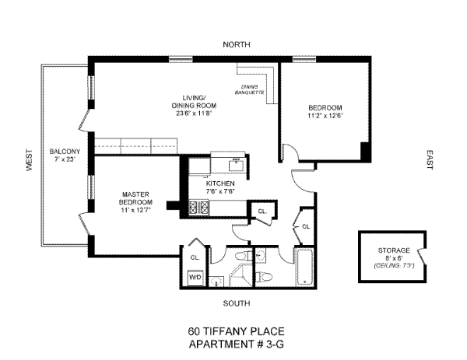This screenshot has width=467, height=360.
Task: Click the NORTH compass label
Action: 237,44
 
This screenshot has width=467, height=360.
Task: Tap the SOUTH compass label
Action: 237,303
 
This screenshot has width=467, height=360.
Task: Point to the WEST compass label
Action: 30,160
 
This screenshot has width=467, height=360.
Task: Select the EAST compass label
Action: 429,160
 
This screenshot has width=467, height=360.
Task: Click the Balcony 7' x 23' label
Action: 65,155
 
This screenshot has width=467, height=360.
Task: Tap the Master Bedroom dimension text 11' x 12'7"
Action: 135,210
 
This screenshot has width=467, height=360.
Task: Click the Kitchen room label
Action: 220,183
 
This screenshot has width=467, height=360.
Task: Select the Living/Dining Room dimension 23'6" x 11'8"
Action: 194,114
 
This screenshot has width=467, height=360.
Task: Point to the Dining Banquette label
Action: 250,90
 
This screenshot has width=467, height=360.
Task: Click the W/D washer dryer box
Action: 195,278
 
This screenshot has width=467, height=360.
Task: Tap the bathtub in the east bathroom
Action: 304,267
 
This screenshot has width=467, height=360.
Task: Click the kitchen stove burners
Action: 198,208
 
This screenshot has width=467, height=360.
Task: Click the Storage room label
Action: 394,250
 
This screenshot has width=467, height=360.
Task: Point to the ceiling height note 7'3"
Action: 394,265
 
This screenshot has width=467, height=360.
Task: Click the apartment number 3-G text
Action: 237,344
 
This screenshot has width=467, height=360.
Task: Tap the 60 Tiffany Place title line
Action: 237,331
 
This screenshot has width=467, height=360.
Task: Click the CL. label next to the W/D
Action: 195,257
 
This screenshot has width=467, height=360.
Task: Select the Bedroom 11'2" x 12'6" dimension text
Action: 325,115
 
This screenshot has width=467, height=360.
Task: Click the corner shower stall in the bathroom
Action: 241,275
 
